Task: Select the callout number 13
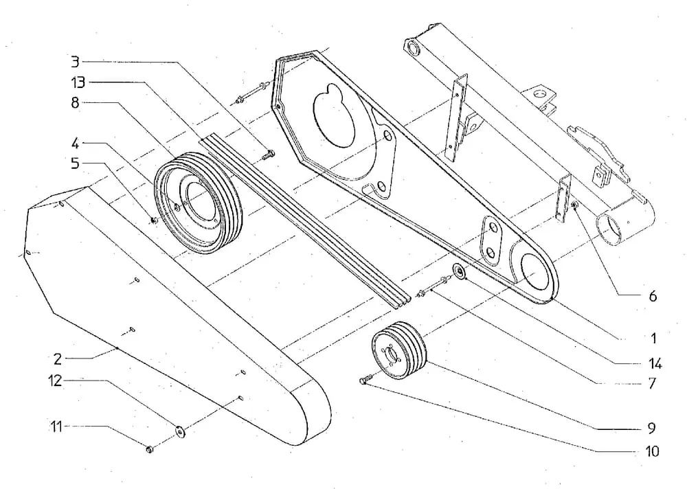(x=77, y=83)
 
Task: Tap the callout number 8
(x=75, y=103)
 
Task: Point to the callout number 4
(x=75, y=144)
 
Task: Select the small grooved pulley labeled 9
(x=398, y=350)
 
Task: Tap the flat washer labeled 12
(x=181, y=431)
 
